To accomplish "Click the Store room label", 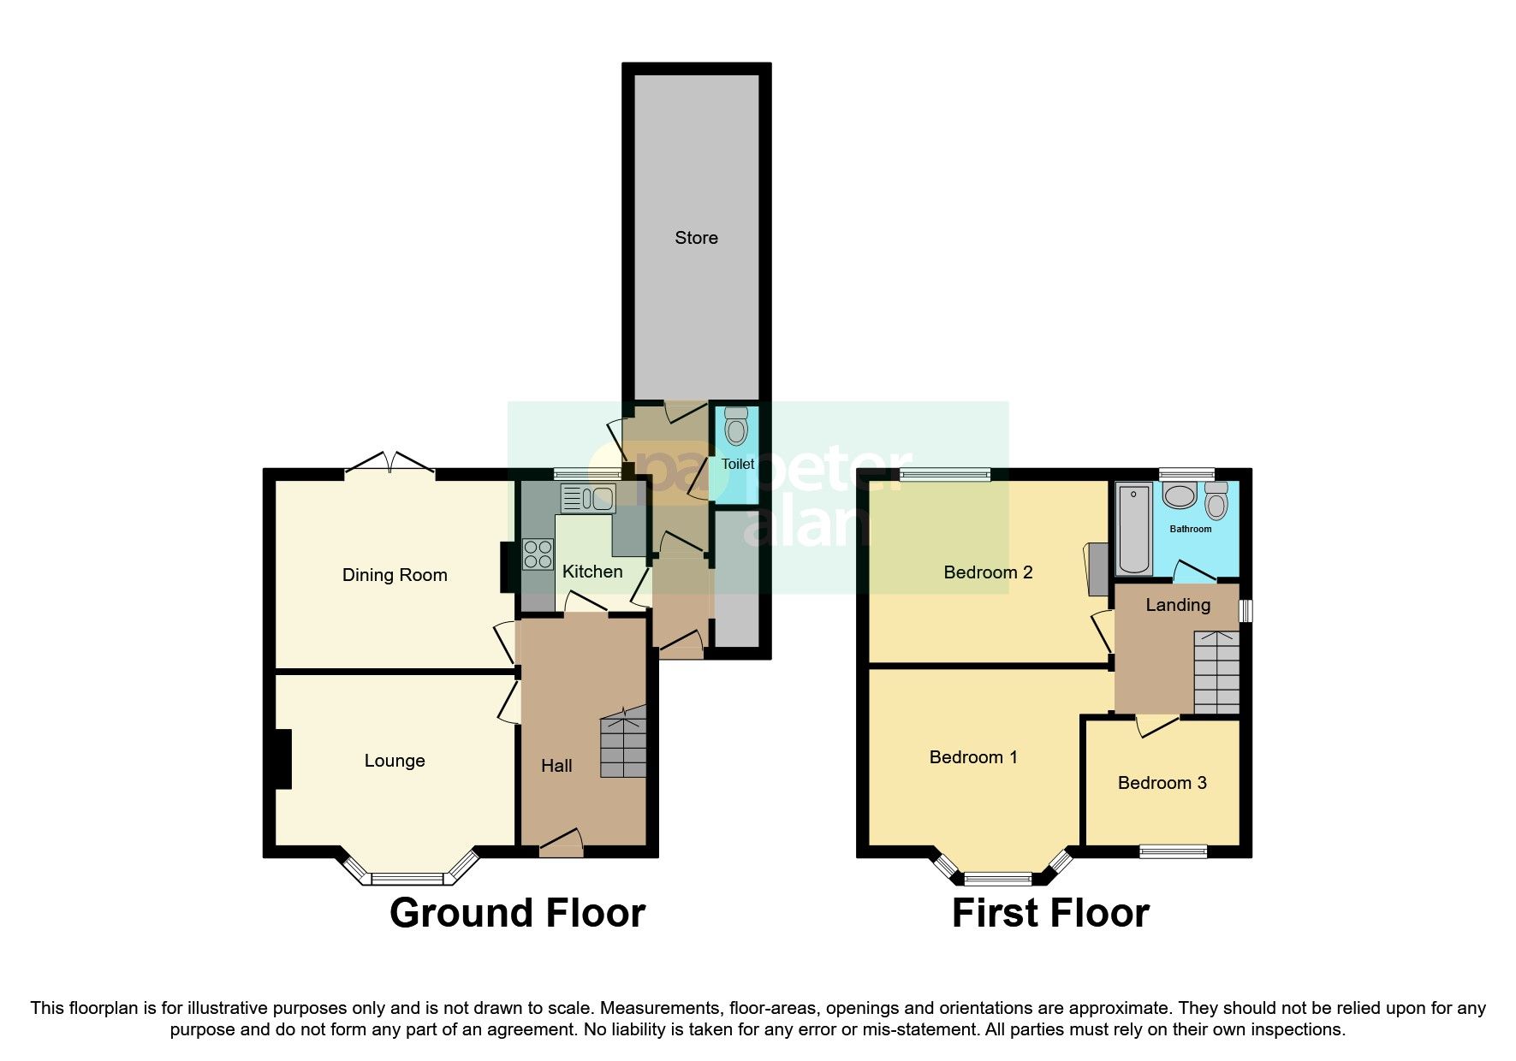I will pos(696,238).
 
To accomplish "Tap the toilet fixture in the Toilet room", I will pos(735,426).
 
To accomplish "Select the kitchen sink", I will pos(587,498).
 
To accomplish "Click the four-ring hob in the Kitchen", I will pos(538,554).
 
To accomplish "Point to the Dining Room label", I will pos(395,575).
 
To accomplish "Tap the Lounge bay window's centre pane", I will pos(407,878).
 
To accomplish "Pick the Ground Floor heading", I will pos(517,913).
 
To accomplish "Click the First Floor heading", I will pos(1050,913).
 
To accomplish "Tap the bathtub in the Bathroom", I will pos(1133,529).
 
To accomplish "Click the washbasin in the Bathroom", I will pos(1180,495).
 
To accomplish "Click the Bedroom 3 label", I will pos(1162,783).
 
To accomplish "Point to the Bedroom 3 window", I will pos(1173,851).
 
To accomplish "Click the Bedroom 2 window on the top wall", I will pos(944,474).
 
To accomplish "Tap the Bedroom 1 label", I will pos(973,757).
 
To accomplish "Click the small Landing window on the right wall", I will pos(1246,610).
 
